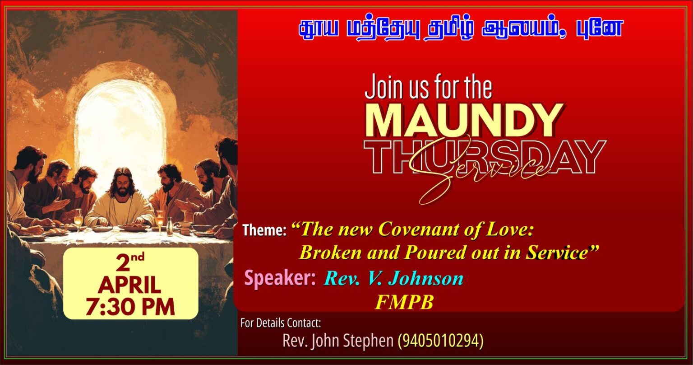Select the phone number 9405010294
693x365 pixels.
click(440, 341)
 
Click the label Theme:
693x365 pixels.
click(264, 230)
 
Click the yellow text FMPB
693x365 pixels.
click(404, 302)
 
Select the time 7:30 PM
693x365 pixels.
click(130, 307)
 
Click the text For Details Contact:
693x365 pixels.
click(281, 323)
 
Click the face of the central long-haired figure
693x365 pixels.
click(123, 185)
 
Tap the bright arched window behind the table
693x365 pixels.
click(120, 124)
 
